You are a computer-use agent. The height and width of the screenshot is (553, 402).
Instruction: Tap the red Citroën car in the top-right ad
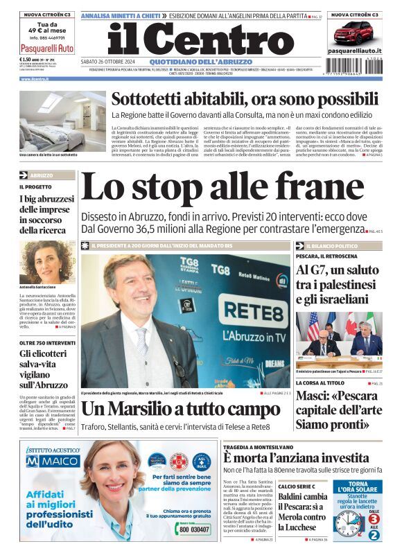point(353,33)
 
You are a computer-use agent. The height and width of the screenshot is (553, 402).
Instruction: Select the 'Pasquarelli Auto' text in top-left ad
point(46,49)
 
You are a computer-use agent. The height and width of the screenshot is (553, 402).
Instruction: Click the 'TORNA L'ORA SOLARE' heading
point(362,489)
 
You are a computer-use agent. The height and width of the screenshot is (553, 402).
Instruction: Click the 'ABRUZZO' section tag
point(41,175)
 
